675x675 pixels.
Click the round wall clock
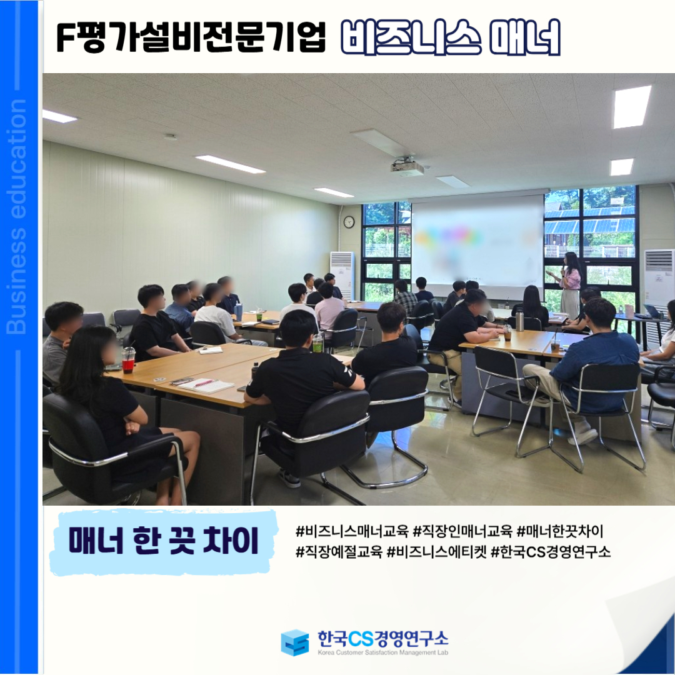tap(349, 222)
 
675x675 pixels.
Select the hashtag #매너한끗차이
tap(559, 531)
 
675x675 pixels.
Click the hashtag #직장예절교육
tap(339, 551)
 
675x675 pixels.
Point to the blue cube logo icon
tap(294, 642)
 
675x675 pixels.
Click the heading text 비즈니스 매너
tap(450, 37)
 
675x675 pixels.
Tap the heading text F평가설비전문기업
tap(191, 37)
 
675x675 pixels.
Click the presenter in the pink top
tap(568, 284)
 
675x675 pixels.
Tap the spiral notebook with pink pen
tap(206, 385)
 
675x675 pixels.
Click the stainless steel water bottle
tap(519, 320)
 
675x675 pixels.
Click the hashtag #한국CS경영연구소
tap(551, 551)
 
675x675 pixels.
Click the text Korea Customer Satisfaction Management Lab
tap(382, 652)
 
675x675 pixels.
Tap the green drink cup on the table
tap(317, 343)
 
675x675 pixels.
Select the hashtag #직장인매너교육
tap(462, 531)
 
